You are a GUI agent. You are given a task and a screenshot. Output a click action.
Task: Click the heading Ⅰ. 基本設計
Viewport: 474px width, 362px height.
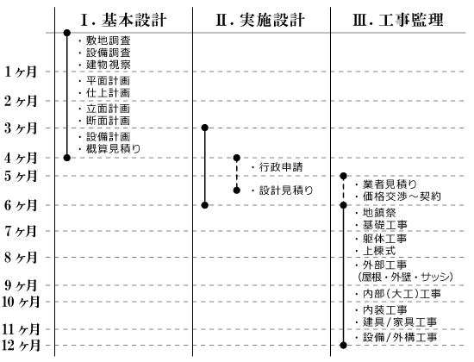coord(123,20)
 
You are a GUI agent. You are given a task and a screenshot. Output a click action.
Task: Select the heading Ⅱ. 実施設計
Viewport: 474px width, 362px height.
coord(260,20)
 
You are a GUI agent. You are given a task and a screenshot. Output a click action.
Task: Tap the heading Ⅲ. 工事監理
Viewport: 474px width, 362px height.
coord(398,20)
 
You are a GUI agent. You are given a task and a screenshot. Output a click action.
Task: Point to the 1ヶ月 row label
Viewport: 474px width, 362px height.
coord(21,72)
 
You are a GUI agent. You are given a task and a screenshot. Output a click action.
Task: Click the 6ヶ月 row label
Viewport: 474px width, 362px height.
coord(21,205)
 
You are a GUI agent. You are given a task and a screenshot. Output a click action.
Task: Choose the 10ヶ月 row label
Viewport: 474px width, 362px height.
coord(21,302)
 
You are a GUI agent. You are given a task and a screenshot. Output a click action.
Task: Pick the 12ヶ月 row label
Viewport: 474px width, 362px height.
coord(21,345)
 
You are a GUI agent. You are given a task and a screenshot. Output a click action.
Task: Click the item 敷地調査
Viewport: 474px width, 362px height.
coord(109,41)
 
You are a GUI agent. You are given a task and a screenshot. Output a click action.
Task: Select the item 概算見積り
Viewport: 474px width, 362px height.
coord(114,149)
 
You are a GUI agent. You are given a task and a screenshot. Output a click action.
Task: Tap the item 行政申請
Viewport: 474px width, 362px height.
coord(281,167)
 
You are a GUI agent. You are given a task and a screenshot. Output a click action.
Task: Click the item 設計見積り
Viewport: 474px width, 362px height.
coord(286,190)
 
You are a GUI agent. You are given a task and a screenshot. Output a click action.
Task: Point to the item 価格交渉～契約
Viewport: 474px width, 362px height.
coord(402,197)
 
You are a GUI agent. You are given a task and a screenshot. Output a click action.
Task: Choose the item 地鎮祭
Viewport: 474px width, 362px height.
coord(379,213)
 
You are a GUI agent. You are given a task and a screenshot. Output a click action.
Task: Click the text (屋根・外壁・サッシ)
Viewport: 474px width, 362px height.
coord(405,277)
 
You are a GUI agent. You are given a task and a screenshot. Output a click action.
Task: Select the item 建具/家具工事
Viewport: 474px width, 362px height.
coord(400,322)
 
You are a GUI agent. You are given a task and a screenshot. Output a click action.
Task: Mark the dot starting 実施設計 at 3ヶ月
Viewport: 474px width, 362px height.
coord(204,128)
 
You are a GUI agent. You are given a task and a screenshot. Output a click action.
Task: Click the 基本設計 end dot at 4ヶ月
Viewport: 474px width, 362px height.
coord(67,158)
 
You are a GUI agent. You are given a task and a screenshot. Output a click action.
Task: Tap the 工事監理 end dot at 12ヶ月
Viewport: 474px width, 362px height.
coord(343,345)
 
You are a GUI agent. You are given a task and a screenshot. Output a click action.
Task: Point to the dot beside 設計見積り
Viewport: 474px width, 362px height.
coord(237,190)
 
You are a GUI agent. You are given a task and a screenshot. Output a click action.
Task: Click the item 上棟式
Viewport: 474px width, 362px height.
coord(379,251)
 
